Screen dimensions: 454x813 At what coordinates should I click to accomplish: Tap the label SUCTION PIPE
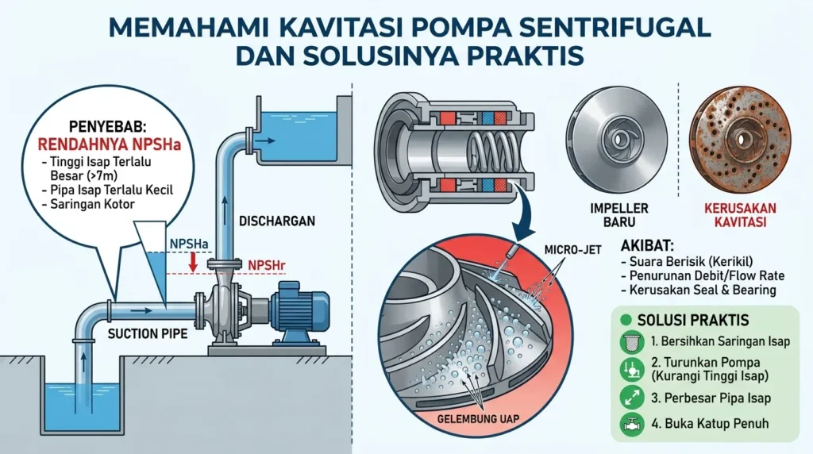(x=148, y=334)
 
